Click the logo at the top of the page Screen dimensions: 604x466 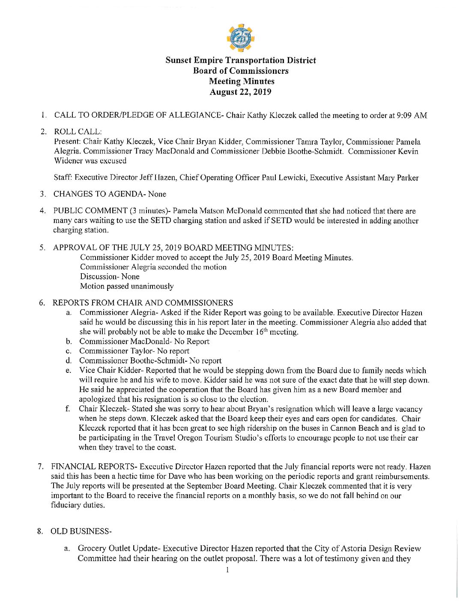(240, 38)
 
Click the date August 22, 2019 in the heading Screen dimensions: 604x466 (240, 92)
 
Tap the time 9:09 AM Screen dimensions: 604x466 (412, 115)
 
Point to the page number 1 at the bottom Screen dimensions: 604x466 (227, 570)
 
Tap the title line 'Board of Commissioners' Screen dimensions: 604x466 (240, 71)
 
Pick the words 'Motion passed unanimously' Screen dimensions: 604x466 (127, 286)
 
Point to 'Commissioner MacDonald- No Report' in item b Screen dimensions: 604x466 (144, 341)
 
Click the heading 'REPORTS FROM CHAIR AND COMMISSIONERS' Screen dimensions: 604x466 (143, 303)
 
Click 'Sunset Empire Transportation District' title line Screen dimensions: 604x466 (241, 60)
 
